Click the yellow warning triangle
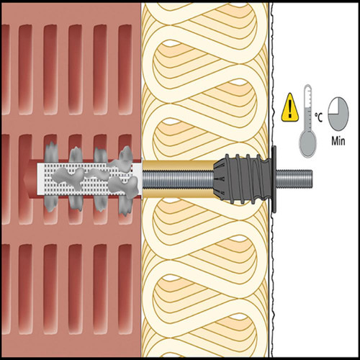[290, 107]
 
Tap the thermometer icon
[307, 121]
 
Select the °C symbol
[318, 117]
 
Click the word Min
[338, 140]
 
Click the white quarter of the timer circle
[333, 106]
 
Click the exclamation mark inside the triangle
[290, 109]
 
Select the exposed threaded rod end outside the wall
[294, 179]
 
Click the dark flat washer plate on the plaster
[274, 179]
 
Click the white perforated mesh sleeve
[89, 179]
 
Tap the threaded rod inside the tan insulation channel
[178, 179]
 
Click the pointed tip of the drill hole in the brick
[24, 179]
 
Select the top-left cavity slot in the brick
[5, 69]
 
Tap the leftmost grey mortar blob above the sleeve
[51, 152]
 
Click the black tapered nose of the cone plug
[220, 179]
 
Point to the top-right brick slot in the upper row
[125, 69]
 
